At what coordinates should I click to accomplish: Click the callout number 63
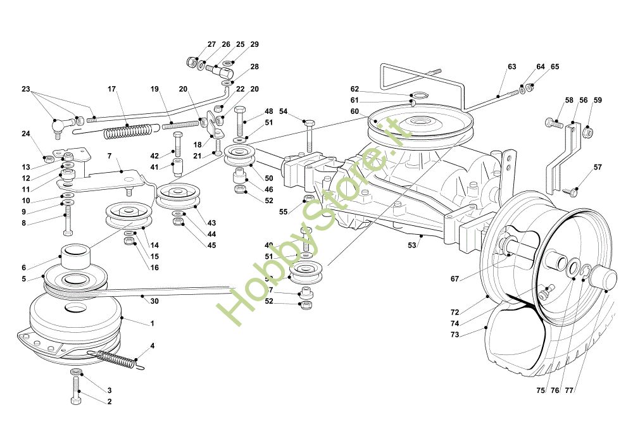pos(512,66)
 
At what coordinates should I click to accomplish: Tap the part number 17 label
pos(112,89)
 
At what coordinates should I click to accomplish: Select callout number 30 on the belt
pos(154,301)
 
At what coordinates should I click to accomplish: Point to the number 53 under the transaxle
pos(412,245)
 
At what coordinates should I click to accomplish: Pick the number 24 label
pos(26,134)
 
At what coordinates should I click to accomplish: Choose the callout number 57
pos(598,167)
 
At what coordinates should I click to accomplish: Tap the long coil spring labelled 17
pos(129,132)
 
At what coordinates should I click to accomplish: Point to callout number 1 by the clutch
pos(152,323)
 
